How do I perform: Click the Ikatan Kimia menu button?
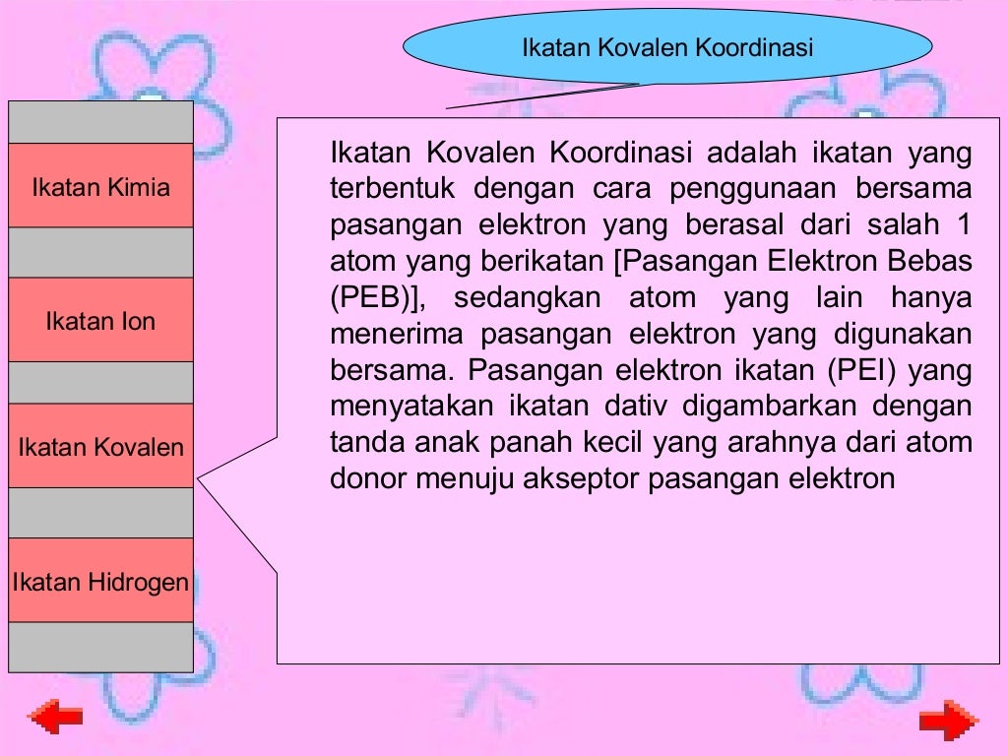point(100,186)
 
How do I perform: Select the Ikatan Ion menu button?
point(100,321)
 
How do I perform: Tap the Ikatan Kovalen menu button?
point(100,447)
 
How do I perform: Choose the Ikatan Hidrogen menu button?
point(100,581)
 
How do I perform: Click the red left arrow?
point(56,719)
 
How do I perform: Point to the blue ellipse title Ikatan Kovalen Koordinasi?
point(667,46)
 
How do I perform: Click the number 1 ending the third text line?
point(962,224)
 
